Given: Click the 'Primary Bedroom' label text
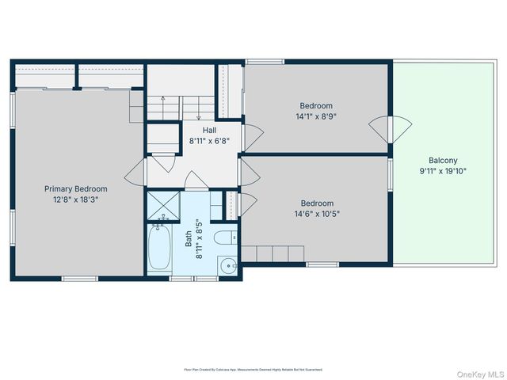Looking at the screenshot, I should click(x=75, y=189).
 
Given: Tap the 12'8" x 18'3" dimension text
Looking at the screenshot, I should click(x=75, y=199).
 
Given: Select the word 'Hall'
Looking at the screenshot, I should click(x=209, y=130).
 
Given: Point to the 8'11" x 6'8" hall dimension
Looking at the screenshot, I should click(x=209, y=140).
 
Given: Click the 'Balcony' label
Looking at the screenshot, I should click(x=443, y=159).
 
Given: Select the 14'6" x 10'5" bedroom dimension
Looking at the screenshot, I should click(x=316, y=213).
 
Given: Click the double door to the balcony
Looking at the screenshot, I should click(x=391, y=127).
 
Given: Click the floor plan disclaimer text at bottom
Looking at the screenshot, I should click(x=253, y=369).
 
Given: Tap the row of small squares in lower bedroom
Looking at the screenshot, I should click(x=273, y=253).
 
